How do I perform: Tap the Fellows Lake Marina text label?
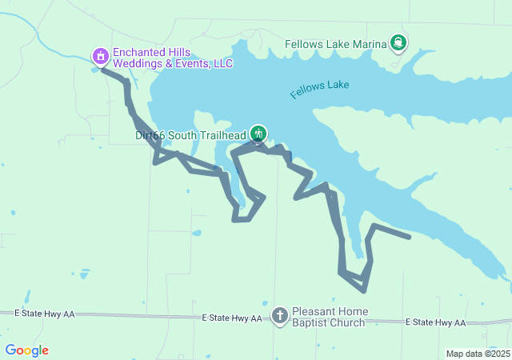[336, 44]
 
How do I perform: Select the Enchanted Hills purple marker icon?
[101, 56]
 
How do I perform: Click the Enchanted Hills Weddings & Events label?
[172, 57]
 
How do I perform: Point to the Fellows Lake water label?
[320, 89]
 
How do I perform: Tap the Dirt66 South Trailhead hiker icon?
[258, 134]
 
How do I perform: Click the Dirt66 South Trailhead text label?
[190, 135]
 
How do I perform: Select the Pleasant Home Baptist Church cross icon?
[280, 314]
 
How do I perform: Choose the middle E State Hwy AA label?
[232, 318]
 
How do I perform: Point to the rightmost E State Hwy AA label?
[435, 322]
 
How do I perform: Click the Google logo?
[26, 350]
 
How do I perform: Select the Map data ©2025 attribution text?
[478, 354]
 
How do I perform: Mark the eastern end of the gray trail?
[409, 237]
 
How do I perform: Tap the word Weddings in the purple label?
[136, 63]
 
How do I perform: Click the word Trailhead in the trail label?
[220, 135]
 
